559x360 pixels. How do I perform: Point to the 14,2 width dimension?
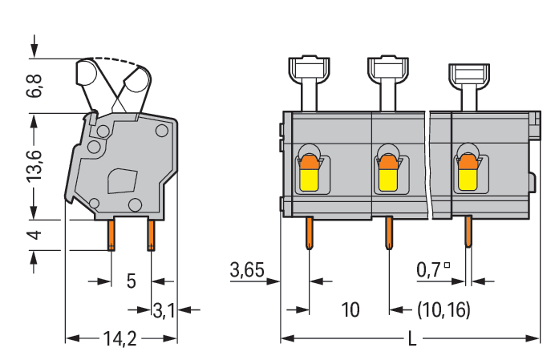click(x=119, y=339)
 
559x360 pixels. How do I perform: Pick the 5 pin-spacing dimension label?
click(x=132, y=281)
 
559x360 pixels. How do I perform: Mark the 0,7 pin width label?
click(x=433, y=269)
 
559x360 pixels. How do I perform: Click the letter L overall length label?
click(x=412, y=339)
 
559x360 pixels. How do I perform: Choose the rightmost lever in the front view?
click(x=467, y=80)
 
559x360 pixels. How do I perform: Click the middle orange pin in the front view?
click(x=388, y=233)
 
